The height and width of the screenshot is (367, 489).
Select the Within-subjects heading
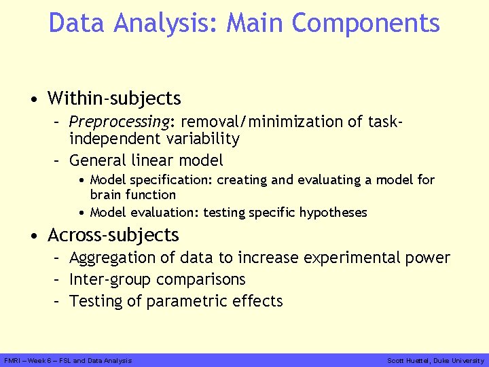[x=114, y=99]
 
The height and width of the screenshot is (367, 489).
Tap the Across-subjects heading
[x=113, y=235]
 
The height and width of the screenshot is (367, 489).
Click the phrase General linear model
[x=146, y=160]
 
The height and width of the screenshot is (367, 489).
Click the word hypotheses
[x=333, y=213]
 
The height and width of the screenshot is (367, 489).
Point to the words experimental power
[x=376, y=258]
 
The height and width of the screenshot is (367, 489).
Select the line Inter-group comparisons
[x=158, y=279]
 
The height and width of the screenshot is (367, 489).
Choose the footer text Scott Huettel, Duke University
[x=435, y=360]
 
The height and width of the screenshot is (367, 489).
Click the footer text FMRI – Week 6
[x=28, y=360]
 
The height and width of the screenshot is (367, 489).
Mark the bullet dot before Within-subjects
[x=34, y=100]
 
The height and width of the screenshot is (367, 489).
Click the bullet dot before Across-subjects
[x=34, y=237]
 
